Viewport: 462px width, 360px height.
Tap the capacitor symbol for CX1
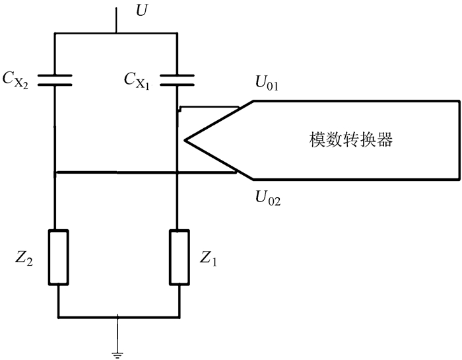178,80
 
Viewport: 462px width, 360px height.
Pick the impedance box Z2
59,257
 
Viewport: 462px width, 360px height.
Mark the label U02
267,196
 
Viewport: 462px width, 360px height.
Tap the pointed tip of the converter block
187,139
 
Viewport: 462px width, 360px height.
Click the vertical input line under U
117,20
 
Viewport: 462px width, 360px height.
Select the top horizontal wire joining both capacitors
116,33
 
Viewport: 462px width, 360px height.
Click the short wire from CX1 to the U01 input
208,107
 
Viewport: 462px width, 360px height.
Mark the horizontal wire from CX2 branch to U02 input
145,173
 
